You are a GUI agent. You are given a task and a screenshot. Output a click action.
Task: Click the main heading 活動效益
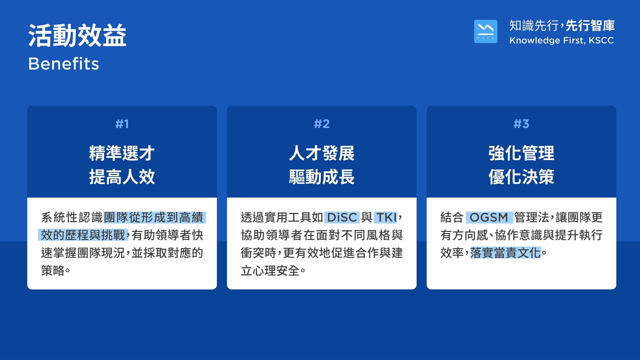pos(77,36)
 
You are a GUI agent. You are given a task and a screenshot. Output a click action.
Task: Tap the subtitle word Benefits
pos(64,64)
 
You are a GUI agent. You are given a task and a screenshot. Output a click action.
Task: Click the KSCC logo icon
pos(485,31)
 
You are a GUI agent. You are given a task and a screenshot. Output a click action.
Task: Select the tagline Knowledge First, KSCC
pos(562,40)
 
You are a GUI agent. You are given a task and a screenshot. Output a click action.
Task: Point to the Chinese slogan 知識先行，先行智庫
pos(562,26)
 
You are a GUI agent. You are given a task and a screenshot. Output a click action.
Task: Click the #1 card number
pos(122,124)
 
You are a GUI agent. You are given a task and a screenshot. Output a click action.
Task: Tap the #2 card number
pos(322,124)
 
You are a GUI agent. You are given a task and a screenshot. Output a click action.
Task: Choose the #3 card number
pos(521,124)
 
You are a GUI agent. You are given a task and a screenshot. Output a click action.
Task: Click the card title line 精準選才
pos(122,153)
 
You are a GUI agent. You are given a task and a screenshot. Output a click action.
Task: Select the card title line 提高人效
pos(122,177)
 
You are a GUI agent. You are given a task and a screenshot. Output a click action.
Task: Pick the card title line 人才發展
pos(322,153)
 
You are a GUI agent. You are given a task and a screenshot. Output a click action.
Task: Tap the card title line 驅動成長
pos(322,177)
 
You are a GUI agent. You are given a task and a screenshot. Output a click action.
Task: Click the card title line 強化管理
pos(521,153)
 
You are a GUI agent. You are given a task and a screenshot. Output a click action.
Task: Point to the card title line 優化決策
pos(521,177)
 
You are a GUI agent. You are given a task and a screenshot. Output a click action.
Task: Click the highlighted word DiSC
pos(342,218)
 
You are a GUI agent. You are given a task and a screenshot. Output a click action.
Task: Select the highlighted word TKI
pos(386,218)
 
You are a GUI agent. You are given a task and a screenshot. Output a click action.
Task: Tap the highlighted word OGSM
pos(489,218)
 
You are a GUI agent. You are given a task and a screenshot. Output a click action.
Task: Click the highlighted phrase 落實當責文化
pos(506,253)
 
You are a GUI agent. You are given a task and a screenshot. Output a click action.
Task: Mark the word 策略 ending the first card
pos(53,271)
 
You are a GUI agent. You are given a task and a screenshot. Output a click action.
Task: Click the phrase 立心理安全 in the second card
pos(270,271)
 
